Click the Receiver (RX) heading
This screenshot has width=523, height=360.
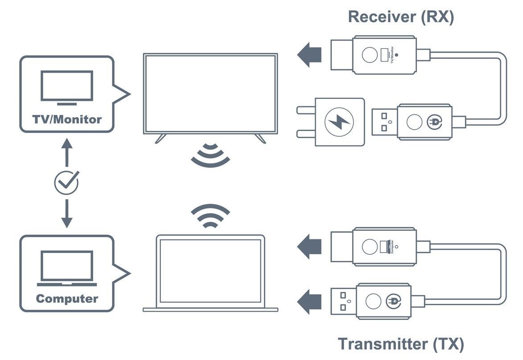click(401, 17)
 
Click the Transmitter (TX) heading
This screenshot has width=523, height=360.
click(401, 344)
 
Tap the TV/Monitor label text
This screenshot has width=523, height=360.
click(67, 119)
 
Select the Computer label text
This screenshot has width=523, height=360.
click(67, 299)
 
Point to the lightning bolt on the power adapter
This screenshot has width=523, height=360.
click(339, 122)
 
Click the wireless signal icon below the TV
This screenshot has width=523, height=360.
click(210, 155)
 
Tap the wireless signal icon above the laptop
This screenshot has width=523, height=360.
click(210, 216)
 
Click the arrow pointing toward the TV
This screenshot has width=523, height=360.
click(309, 55)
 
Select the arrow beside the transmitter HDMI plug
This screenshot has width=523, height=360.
click(309, 247)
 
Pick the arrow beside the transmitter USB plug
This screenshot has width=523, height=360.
click(309, 302)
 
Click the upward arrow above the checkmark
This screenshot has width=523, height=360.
click(67, 152)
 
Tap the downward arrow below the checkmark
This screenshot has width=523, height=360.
click(67, 214)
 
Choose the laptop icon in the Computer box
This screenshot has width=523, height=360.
click(67, 268)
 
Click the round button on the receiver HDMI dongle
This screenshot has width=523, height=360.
click(370, 55)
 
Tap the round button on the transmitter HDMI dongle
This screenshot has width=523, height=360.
click(370, 247)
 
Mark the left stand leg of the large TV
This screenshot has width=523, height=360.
click(161, 139)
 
